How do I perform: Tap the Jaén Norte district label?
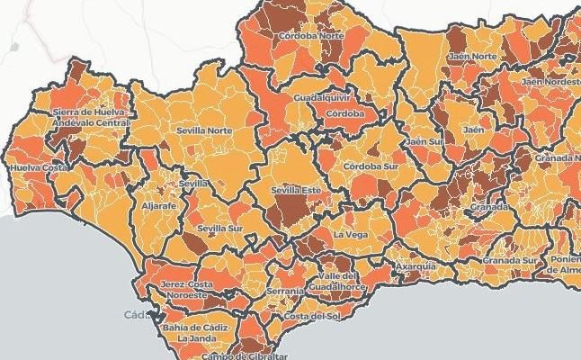(x=472, y=57)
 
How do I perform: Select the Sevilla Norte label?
(x=204, y=130)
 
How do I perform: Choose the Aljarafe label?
(x=159, y=205)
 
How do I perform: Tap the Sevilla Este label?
(x=296, y=191)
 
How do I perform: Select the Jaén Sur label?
(x=425, y=141)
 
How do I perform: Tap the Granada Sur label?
(x=509, y=261)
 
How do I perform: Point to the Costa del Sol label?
(x=308, y=317)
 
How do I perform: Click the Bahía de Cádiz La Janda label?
(x=193, y=333)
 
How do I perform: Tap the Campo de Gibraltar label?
(x=237, y=355)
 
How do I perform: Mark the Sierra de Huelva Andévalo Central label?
(x=87, y=117)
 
